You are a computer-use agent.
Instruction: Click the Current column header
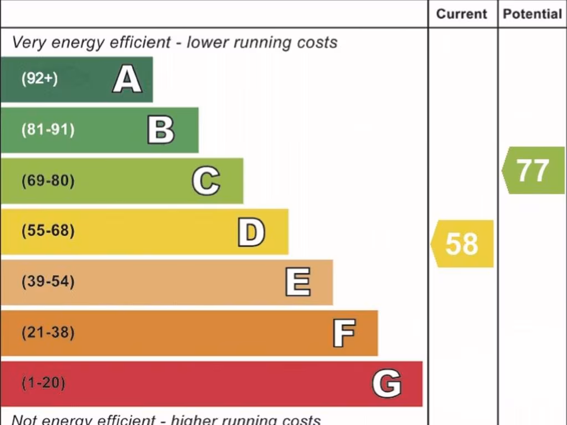(462, 14)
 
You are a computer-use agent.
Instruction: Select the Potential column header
(532, 14)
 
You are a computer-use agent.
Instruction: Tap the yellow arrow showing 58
(462, 243)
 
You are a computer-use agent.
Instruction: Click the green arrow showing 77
(533, 170)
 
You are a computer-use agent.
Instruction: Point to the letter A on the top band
(127, 79)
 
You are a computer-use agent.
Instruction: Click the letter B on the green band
(161, 130)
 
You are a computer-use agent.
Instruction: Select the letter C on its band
(206, 181)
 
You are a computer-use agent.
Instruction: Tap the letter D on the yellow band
(251, 232)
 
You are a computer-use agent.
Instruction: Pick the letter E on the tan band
(297, 282)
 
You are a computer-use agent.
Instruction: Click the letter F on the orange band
(343, 333)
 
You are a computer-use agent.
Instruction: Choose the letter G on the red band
(386, 383)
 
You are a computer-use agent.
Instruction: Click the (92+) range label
(39, 79)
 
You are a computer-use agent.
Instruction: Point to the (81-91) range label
(48, 130)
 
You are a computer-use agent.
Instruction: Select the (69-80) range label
(48, 181)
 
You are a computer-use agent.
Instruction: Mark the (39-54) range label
(48, 282)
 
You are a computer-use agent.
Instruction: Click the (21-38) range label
(48, 333)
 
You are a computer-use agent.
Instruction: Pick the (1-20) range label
(43, 383)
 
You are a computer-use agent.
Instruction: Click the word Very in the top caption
(27, 43)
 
